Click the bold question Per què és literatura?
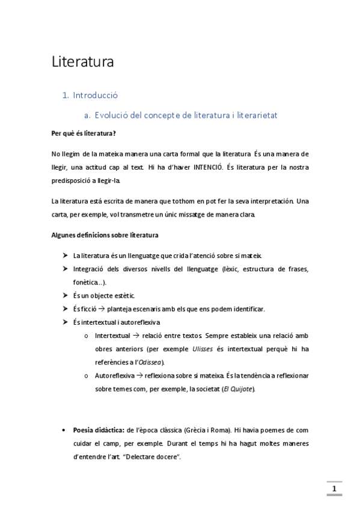coord(84,134)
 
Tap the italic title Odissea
coord(151,362)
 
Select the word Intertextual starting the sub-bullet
coord(112,336)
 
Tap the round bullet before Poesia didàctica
coord(64,431)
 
